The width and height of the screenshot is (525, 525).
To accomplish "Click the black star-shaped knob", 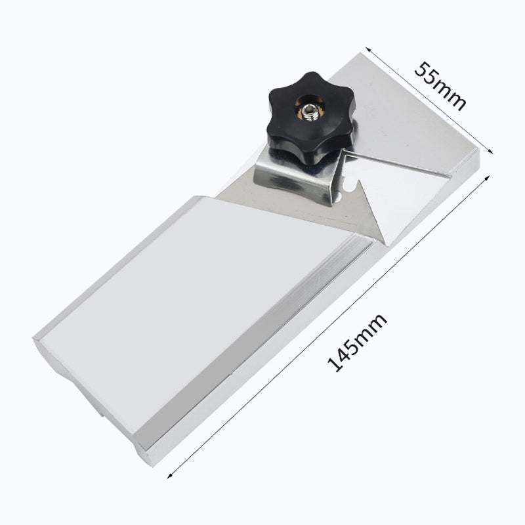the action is pyautogui.click(x=310, y=117).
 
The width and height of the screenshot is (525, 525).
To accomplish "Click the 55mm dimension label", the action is pyautogui.click(x=440, y=86).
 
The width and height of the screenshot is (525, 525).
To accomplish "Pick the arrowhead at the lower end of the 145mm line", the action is pyautogui.click(x=170, y=475).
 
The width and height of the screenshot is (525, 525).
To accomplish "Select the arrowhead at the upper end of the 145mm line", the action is pyautogui.click(x=487, y=178).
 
